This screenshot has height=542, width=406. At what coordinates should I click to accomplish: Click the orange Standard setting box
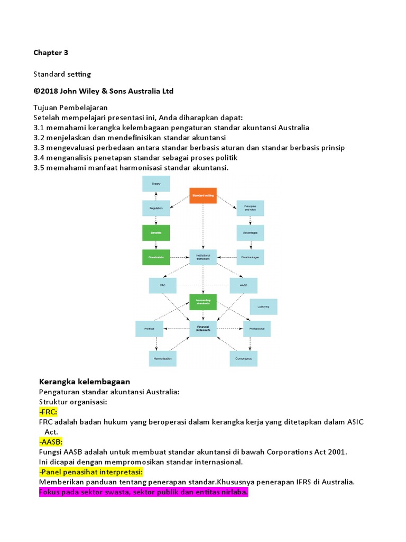pyautogui.click(x=203, y=196)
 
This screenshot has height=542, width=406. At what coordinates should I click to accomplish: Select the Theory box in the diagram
pyautogui.click(x=156, y=183)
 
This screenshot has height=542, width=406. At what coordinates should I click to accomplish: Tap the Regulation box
pyautogui.click(x=156, y=208)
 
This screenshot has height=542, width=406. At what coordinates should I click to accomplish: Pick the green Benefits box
pyautogui.click(x=156, y=233)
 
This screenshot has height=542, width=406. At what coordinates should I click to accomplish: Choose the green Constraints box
pyautogui.click(x=156, y=257)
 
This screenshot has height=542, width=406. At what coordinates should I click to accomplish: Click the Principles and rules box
pyautogui.click(x=250, y=208)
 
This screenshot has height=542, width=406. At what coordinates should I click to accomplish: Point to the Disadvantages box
pyautogui.click(x=250, y=257)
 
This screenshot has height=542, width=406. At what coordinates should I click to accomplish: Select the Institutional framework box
pyautogui.click(x=203, y=257)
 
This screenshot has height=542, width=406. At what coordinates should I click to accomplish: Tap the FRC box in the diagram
pyautogui.click(x=163, y=286)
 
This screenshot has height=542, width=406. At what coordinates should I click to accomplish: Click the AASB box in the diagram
pyautogui.click(x=243, y=286)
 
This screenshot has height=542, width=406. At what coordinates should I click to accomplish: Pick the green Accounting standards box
pyautogui.click(x=203, y=302)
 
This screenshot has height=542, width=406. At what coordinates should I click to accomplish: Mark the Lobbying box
pyautogui.click(x=263, y=306)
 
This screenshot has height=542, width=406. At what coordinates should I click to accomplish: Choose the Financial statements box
pyautogui.click(x=203, y=329)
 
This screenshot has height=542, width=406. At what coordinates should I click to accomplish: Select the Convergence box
pyautogui.click(x=244, y=358)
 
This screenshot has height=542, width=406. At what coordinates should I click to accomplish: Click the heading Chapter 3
pyautogui.click(x=51, y=52)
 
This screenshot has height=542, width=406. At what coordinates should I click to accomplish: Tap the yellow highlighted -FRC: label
pyautogui.click(x=48, y=412)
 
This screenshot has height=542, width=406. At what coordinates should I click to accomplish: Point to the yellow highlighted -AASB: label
pyautogui.click(x=51, y=441)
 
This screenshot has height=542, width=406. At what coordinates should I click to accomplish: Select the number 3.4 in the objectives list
pyautogui.click(x=39, y=158)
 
